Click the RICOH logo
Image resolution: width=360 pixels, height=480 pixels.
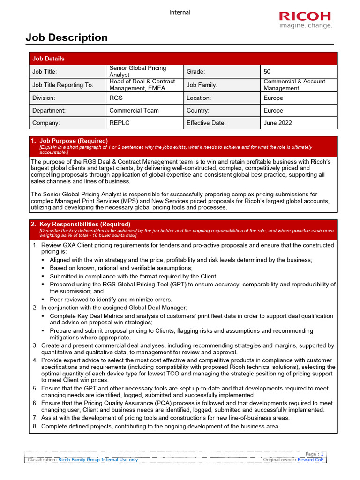305,19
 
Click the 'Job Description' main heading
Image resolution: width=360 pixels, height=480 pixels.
67,37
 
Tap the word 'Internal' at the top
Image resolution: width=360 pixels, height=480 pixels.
180,12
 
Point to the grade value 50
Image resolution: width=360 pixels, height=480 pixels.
267,71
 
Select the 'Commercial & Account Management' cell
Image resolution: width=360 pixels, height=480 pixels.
294,85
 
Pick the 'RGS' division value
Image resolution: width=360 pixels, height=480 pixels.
116,98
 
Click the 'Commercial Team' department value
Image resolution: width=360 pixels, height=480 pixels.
134,111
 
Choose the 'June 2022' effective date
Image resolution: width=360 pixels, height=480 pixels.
277,123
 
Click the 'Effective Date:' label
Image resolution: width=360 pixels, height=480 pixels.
206,123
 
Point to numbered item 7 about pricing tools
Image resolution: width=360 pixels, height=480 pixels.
165,418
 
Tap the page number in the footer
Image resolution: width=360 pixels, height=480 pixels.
322,454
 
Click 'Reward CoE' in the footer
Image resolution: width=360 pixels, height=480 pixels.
310,460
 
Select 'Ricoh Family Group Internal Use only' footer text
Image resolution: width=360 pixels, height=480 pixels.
98,460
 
